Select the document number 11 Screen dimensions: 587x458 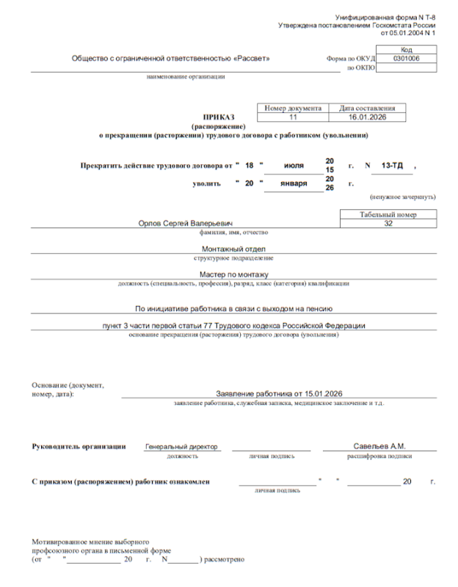[293, 117]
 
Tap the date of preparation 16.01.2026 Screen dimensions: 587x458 [367, 117]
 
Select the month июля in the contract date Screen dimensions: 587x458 [294, 166]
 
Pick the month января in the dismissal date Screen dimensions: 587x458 [294, 183]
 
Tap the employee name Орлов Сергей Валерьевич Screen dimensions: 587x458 [186, 223]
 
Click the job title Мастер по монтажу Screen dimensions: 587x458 [233, 274]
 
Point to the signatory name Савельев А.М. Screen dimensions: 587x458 [379, 446]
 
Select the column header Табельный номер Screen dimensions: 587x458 [388, 214]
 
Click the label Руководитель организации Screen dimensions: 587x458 [79, 446]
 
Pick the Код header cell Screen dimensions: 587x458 [406, 49]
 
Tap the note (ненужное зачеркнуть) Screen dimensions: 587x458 [403, 197]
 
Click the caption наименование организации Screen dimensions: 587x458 [186, 76]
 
